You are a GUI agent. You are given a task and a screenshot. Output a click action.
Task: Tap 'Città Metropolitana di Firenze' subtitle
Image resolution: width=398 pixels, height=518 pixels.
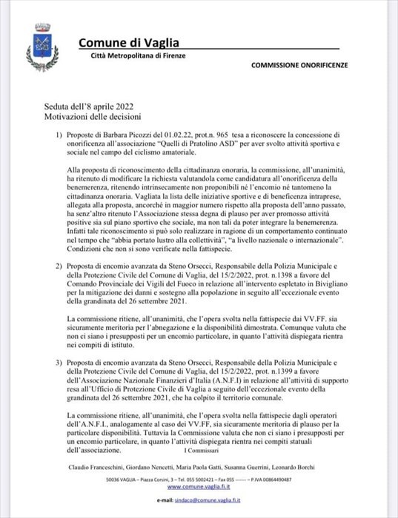[138, 56]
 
